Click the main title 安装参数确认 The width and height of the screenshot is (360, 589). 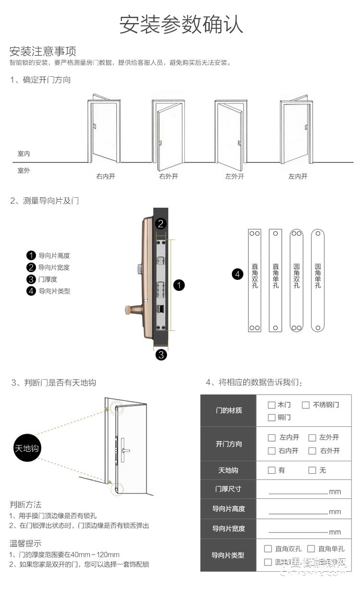[181, 24]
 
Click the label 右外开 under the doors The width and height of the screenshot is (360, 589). [168, 176]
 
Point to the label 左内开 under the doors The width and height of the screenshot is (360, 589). [298, 176]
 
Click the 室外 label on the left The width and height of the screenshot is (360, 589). [24, 170]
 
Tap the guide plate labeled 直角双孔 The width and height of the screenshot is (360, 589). [254, 280]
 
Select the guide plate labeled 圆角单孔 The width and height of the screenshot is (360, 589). [317, 280]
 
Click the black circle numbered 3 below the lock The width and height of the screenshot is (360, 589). [162, 355]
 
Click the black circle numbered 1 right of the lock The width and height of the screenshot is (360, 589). [179, 286]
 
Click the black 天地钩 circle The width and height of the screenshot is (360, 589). [26, 448]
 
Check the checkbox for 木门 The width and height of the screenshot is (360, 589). [272, 405]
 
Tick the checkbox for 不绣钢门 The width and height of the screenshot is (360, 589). [305, 405]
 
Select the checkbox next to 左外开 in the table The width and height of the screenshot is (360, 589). [312, 437]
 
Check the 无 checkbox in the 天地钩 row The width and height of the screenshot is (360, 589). [312, 470]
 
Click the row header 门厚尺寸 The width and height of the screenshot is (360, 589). [228, 489]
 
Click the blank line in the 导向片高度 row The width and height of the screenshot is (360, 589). [298, 511]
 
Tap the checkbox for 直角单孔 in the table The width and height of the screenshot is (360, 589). [311, 549]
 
